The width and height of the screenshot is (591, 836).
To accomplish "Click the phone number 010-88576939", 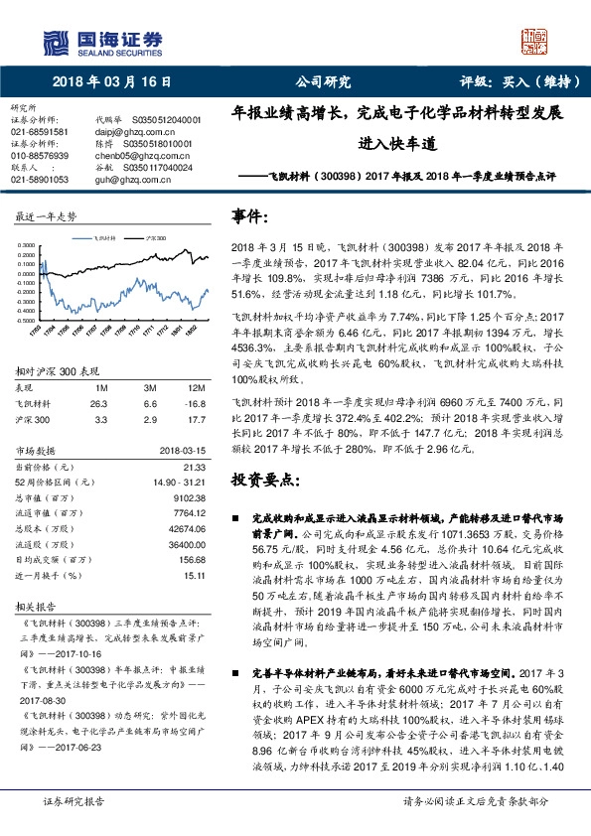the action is [39, 156].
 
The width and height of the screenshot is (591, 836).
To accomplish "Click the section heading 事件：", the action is [249, 216].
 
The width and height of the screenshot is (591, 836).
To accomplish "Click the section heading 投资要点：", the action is [261, 480].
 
